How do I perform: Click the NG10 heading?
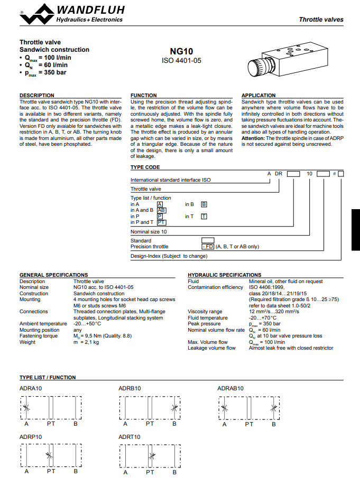coord(181,52)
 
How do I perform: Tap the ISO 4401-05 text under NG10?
coord(181,61)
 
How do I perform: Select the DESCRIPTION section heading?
coord(37,96)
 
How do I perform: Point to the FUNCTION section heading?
coord(144,96)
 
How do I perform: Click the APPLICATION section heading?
coord(259,96)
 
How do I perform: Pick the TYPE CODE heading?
coord(145,167)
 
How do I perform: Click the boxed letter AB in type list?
coord(162,210)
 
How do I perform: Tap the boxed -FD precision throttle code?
coord(207,247)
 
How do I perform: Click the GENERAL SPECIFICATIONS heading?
coord(54,275)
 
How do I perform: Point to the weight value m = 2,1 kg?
coord(86,342)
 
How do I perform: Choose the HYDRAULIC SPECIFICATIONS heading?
coord(225,275)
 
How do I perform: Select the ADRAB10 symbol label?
coord(230,388)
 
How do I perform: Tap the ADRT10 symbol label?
coord(130,437)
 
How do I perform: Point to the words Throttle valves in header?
coord(321,20)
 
